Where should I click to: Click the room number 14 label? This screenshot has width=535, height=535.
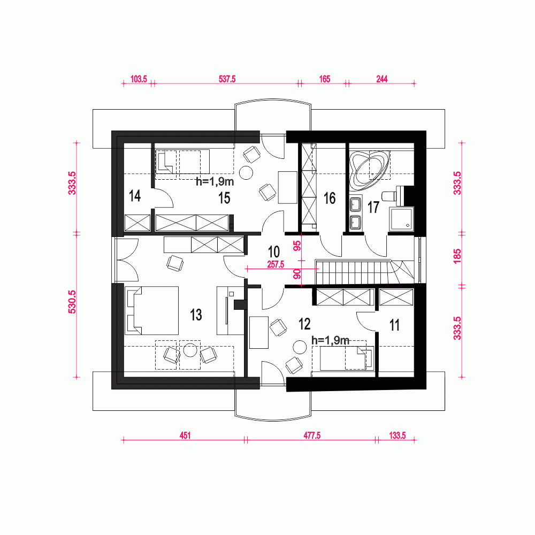pyautogui.click(x=135, y=196)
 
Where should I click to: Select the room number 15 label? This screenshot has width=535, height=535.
pyautogui.click(x=224, y=198)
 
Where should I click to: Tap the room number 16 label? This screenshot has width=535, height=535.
pyautogui.click(x=330, y=198)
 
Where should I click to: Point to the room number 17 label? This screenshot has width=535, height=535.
pyautogui.click(x=373, y=207)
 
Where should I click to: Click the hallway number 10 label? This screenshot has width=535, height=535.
pyautogui.click(x=273, y=251)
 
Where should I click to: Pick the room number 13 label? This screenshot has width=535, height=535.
pyautogui.click(x=196, y=315)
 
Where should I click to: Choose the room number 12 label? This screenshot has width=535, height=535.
pyautogui.click(x=304, y=324)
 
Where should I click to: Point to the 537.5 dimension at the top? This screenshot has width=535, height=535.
pyautogui.click(x=227, y=79)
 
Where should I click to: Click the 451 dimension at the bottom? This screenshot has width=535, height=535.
pyautogui.click(x=185, y=435)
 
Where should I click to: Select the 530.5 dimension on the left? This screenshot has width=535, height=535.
pyautogui.click(x=73, y=305)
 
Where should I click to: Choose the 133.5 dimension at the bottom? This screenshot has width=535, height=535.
pyautogui.click(x=396, y=435)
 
